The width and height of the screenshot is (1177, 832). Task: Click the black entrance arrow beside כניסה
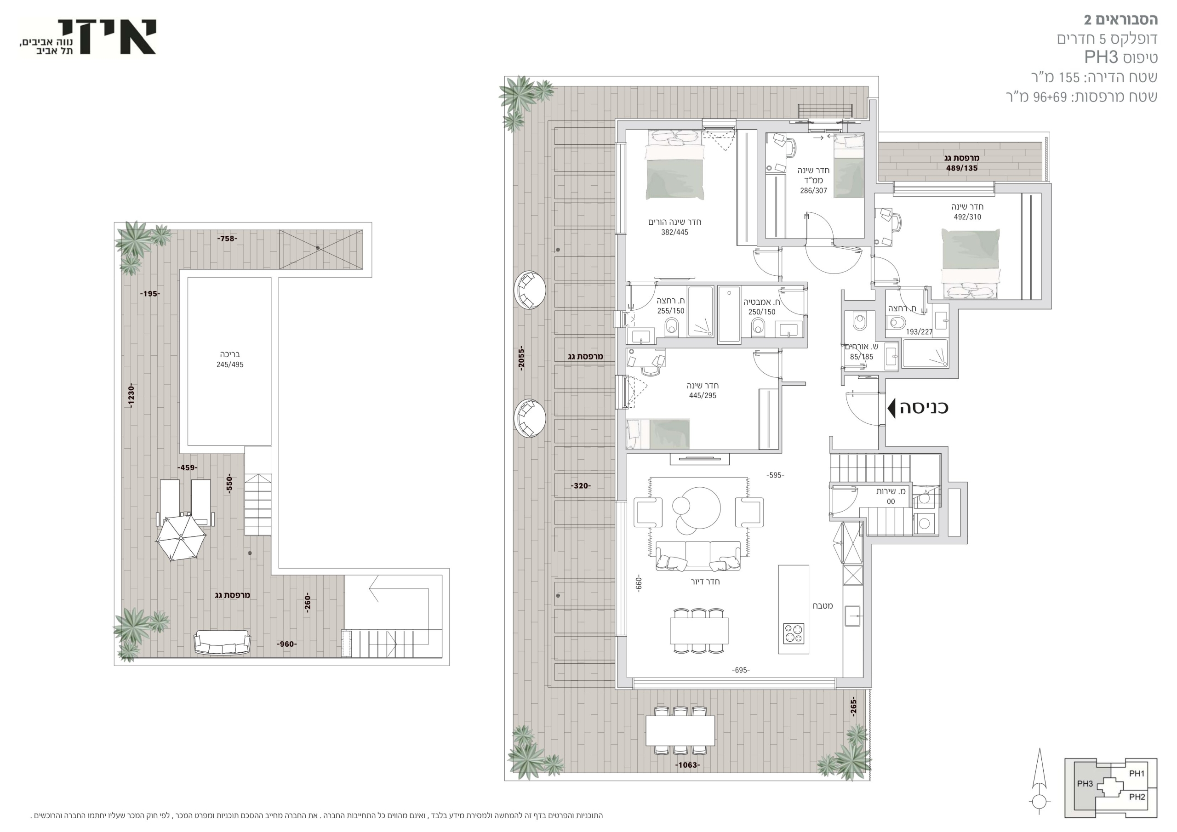click(891, 408)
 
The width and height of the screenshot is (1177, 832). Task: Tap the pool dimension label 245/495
click(230, 365)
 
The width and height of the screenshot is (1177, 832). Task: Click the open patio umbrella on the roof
click(180, 537)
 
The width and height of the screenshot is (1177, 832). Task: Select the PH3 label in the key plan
click(1085, 784)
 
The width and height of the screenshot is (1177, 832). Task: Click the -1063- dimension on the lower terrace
click(687, 765)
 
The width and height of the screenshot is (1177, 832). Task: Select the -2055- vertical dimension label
click(521, 359)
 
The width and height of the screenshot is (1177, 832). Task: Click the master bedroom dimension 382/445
click(674, 232)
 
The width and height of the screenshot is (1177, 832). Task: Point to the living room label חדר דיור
click(705, 582)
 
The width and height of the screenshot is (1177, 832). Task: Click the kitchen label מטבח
click(823, 606)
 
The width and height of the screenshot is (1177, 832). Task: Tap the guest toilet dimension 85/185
click(861, 357)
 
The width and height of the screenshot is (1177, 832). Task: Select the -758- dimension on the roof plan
click(227, 239)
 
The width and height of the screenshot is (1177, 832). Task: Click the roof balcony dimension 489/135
click(962, 168)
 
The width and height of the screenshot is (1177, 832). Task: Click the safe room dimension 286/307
click(813, 191)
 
